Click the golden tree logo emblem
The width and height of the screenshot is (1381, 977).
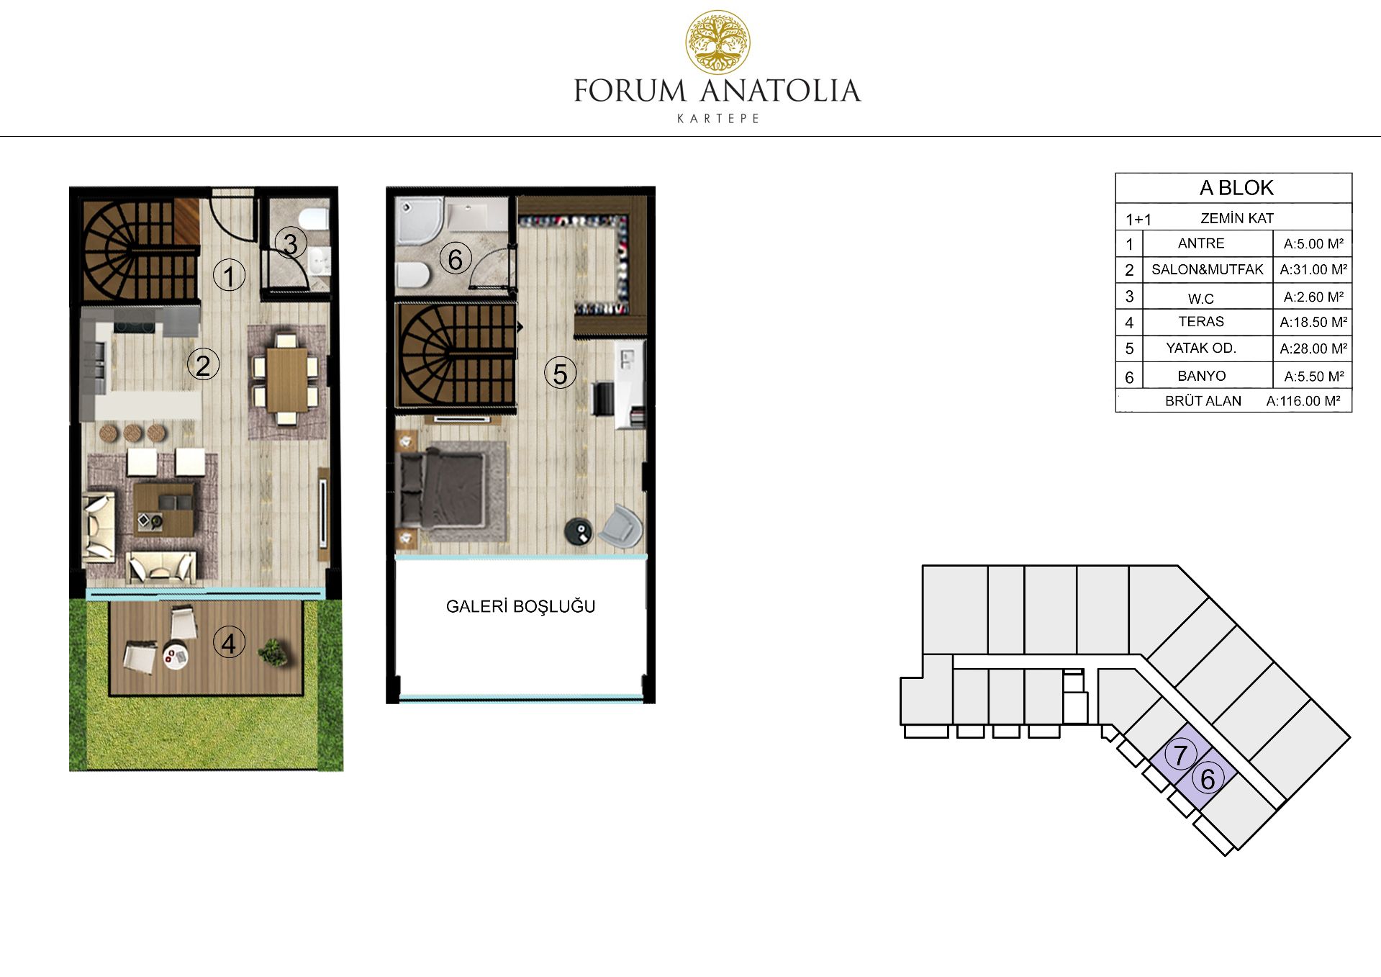pyautogui.click(x=717, y=42)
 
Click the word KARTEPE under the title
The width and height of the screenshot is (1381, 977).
pyautogui.click(x=718, y=119)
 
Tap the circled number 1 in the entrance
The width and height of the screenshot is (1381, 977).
pyautogui.click(x=230, y=276)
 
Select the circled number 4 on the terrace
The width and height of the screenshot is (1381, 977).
pyautogui.click(x=229, y=643)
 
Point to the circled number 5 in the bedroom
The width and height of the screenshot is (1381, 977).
pyautogui.click(x=560, y=374)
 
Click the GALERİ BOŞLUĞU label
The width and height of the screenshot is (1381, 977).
pyautogui.click(x=520, y=606)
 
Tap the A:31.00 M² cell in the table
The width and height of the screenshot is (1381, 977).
pyautogui.click(x=1313, y=269)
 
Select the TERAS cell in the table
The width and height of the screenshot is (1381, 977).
pyautogui.click(x=1201, y=322)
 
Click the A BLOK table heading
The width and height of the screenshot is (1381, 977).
pyautogui.click(x=1236, y=188)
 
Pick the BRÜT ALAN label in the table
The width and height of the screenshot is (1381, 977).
pyautogui.click(x=1203, y=401)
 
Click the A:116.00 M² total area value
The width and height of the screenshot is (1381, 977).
pyautogui.click(x=1303, y=401)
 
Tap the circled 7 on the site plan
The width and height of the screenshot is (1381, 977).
pyautogui.click(x=1180, y=755)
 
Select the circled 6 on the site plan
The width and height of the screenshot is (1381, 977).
pyautogui.click(x=1208, y=779)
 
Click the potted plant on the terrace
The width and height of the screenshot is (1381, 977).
pyautogui.click(x=273, y=652)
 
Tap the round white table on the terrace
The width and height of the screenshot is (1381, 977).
pyautogui.click(x=175, y=656)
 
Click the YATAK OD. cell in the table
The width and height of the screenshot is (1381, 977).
pyautogui.click(x=1201, y=348)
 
